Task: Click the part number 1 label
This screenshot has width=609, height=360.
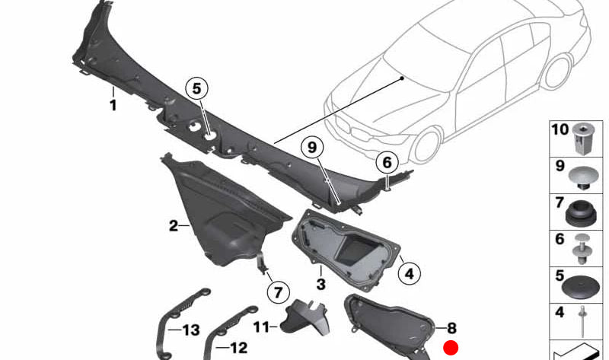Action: (113, 106)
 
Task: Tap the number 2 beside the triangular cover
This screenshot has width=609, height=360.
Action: (174, 225)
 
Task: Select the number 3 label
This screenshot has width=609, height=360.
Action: (320, 284)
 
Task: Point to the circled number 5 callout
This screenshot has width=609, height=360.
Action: (196, 88)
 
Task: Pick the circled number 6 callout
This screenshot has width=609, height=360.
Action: (386, 162)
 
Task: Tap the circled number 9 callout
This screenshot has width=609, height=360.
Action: (311, 147)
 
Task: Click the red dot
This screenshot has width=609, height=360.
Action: (451, 349)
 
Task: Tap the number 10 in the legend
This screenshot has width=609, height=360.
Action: (560, 130)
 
